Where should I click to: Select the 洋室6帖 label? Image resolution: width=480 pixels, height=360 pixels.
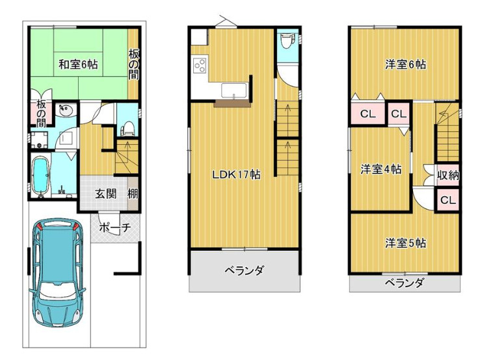point(405,64)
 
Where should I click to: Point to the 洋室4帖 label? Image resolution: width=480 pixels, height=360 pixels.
point(380,170)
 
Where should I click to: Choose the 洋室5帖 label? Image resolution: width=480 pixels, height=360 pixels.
point(405,243)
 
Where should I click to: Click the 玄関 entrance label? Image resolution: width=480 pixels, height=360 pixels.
point(107,194)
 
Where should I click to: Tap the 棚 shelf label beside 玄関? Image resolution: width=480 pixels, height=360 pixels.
point(132,194)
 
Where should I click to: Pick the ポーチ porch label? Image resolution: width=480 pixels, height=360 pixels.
point(116,227)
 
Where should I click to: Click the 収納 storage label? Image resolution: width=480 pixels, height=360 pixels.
point(448,174)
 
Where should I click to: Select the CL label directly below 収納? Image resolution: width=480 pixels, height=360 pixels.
point(447,199)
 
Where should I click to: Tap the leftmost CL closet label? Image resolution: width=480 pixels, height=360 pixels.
point(367,114)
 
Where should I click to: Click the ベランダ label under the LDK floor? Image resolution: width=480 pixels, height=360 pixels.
point(245,270)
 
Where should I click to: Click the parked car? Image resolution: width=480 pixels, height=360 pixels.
point(57,273)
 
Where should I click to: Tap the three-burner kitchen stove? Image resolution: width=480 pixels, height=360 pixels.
point(200,65)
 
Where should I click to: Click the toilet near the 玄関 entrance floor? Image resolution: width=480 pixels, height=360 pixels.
point(128,124)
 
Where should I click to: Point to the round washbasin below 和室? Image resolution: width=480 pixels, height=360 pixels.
point(64,110)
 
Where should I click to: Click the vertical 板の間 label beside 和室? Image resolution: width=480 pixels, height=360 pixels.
point(132,63)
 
